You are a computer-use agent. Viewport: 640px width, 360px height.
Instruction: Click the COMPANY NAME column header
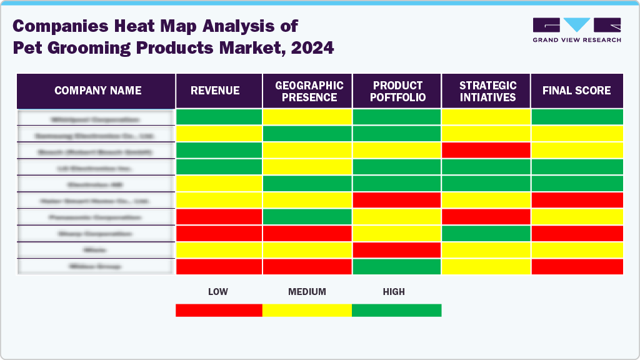pyautogui.click(x=97, y=91)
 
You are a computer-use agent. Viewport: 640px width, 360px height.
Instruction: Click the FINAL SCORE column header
pyautogui.click(x=576, y=91)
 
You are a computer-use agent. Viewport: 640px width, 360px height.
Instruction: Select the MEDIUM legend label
pyautogui.click(x=307, y=292)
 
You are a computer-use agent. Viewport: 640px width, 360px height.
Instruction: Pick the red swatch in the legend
pyautogui.click(x=219, y=310)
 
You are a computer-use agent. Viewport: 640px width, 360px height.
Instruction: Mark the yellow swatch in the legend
pyautogui.click(x=307, y=310)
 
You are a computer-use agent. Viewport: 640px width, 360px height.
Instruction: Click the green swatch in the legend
pyautogui.click(x=396, y=310)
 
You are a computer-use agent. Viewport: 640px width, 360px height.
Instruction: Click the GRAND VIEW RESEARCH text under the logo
pyautogui.click(x=576, y=40)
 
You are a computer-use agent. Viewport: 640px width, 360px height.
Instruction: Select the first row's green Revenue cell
pyautogui.click(x=219, y=117)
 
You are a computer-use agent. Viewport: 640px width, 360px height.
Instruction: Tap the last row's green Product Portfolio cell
pyautogui.click(x=397, y=266)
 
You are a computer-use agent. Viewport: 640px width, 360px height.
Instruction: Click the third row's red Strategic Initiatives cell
pyautogui.click(x=486, y=150)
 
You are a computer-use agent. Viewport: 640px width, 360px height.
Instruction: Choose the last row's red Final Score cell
pyautogui.click(x=577, y=266)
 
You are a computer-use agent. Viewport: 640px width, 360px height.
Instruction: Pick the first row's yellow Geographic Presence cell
pyautogui.click(x=307, y=117)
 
